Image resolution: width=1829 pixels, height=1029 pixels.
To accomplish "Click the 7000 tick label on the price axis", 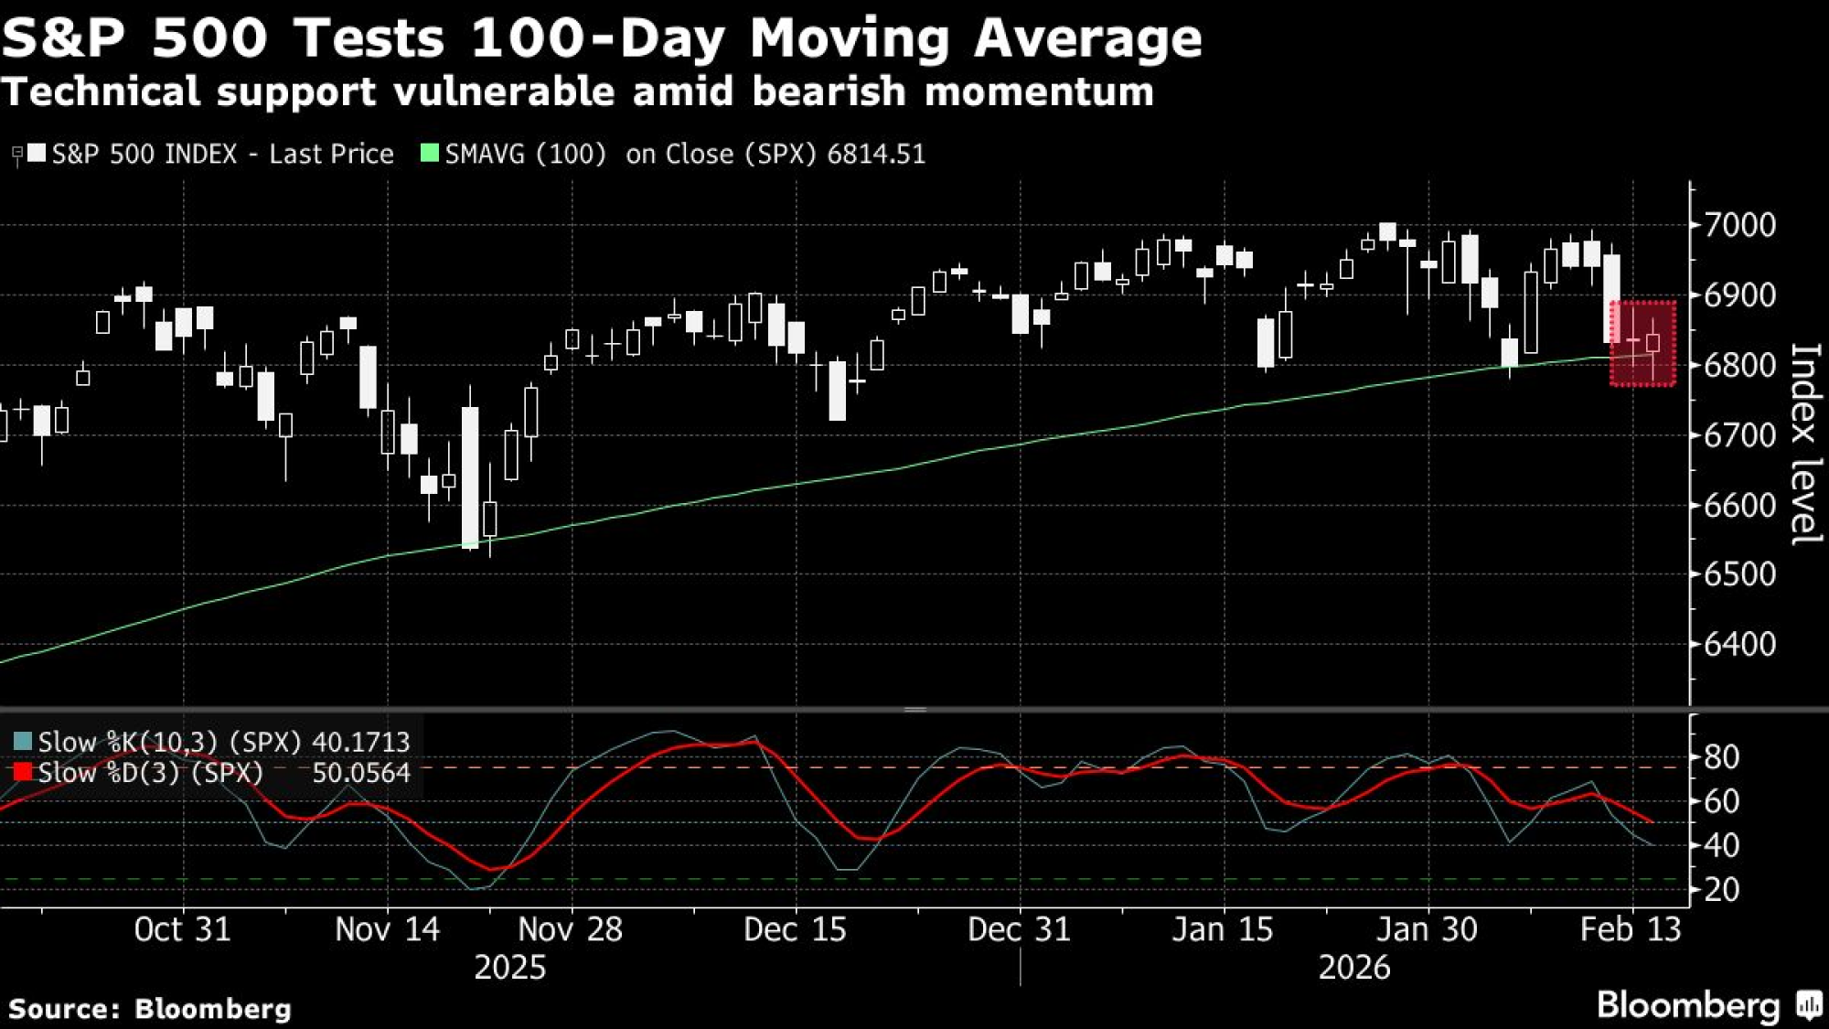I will (x=1738, y=224).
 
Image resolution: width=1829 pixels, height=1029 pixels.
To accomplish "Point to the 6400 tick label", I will (x=1738, y=644).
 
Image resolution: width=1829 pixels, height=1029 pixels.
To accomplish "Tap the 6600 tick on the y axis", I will (x=1738, y=505).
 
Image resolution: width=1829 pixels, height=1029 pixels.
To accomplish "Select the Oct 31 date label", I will (x=182, y=929).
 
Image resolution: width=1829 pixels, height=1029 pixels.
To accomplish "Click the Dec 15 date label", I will (x=795, y=929).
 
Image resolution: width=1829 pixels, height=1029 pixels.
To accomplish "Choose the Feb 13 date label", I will (x=1631, y=929).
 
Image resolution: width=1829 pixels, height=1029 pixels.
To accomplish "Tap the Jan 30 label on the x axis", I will (x=1427, y=929).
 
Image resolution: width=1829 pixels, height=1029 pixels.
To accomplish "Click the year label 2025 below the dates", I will (x=509, y=968).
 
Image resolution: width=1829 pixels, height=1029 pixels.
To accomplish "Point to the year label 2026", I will (x=1353, y=968).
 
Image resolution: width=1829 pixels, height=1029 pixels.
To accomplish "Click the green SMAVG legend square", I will (x=429, y=153).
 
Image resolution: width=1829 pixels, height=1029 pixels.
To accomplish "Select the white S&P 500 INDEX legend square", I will (x=37, y=153).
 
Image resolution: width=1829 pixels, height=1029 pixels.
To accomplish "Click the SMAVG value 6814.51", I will (x=876, y=154).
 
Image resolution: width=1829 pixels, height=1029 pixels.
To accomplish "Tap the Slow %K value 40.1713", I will (x=360, y=742).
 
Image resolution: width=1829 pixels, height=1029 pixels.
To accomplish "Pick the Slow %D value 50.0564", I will (x=360, y=773).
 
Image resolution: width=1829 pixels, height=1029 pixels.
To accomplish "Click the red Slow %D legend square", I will (x=23, y=772).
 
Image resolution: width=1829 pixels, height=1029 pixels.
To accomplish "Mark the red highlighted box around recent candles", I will (x=1642, y=344).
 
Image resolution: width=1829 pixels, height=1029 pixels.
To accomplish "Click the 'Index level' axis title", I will (x=1804, y=444).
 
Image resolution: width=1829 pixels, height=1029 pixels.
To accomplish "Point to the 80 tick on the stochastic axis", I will (x=1721, y=757).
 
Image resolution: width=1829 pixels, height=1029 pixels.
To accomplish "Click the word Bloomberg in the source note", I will (x=213, y=1009).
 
